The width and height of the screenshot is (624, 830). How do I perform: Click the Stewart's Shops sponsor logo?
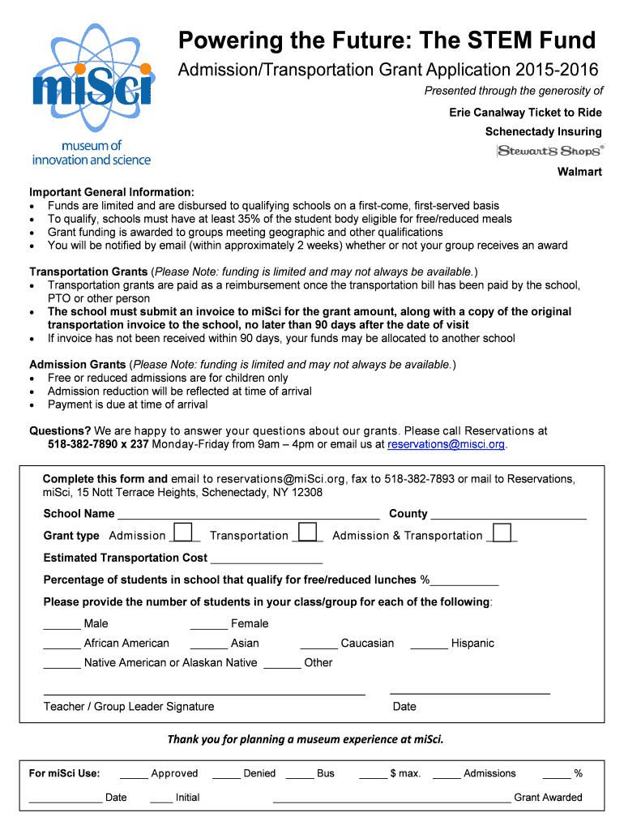(550, 151)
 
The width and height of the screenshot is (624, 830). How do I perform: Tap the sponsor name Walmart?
(579, 172)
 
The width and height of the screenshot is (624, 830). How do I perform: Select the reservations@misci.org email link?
(447, 444)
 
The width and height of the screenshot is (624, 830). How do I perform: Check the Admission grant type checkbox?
(184, 533)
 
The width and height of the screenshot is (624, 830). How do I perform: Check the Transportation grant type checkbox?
(306, 533)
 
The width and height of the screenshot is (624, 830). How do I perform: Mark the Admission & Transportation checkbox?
(502, 533)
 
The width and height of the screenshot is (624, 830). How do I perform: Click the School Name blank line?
(248, 515)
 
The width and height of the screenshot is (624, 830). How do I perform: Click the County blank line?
(508, 515)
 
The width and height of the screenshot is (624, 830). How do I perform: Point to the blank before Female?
(208, 625)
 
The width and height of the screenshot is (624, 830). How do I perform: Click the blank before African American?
(62, 644)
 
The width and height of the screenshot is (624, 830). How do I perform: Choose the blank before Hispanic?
(429, 644)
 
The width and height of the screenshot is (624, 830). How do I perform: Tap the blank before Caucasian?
(318, 644)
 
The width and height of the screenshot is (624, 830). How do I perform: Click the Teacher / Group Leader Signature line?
(203, 693)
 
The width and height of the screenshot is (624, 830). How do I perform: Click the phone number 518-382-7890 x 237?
(98, 444)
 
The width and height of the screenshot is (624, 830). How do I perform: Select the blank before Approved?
(133, 775)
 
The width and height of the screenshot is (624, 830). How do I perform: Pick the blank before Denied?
(226, 775)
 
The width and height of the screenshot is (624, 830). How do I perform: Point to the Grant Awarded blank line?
(391, 798)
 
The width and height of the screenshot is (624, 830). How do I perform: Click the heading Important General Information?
(112, 192)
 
